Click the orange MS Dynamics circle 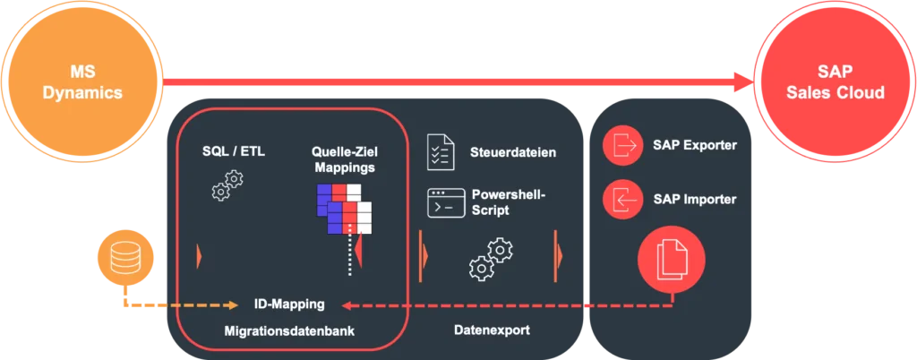(x=82, y=81)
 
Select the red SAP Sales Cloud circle (x=834, y=81)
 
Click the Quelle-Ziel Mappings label (x=344, y=159)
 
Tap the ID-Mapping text (x=289, y=304)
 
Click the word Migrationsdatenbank (x=289, y=331)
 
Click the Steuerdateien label (x=513, y=152)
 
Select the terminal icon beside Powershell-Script (x=445, y=202)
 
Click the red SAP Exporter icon (x=623, y=145)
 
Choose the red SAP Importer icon (x=623, y=199)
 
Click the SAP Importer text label (x=695, y=199)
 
